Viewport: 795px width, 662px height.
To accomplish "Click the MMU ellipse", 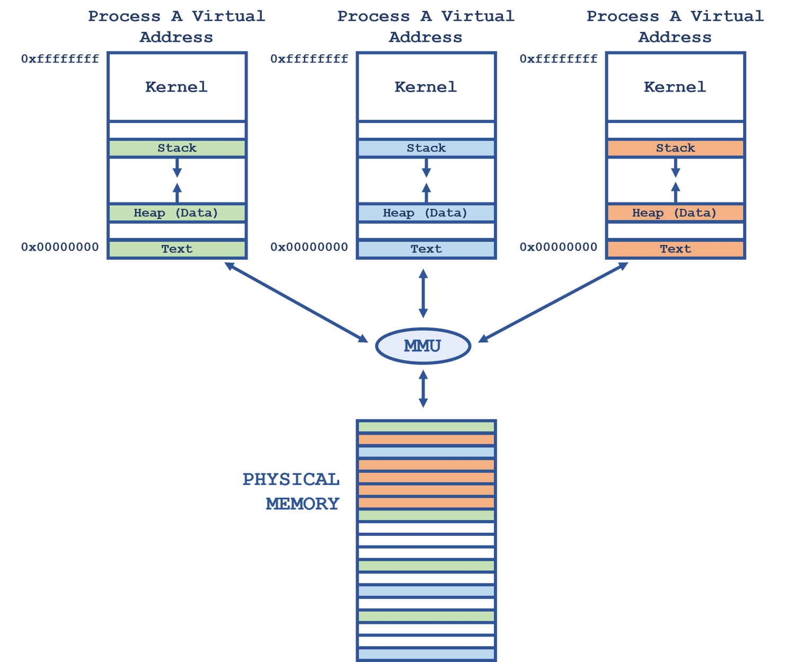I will click(423, 346).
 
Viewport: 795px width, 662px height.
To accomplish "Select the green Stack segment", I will click(177, 148).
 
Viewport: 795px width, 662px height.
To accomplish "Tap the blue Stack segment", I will click(426, 148).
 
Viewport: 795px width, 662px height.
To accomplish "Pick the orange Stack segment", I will click(675, 148).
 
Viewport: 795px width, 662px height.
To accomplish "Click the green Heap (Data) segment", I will click(177, 213).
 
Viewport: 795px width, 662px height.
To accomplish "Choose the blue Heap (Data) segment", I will click(426, 213).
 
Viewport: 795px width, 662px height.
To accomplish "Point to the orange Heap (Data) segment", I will click(675, 213).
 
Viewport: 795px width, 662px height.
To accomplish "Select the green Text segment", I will click(177, 249).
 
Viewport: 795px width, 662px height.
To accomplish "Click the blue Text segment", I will click(426, 249).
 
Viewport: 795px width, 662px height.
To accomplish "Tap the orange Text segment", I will click(675, 249).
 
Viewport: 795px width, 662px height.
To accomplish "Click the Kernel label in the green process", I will click(176, 87).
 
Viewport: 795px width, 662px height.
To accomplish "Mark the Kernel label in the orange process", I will click(675, 87).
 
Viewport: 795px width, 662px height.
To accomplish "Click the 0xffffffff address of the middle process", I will click(309, 59).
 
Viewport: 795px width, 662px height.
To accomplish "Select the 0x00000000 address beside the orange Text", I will click(559, 247).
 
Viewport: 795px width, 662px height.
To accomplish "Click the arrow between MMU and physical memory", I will click(423, 389).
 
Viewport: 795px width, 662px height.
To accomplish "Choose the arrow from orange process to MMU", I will click(553, 302).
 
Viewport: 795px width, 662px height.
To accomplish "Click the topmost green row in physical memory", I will click(426, 427).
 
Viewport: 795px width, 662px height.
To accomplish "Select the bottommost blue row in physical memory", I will click(426, 654).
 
